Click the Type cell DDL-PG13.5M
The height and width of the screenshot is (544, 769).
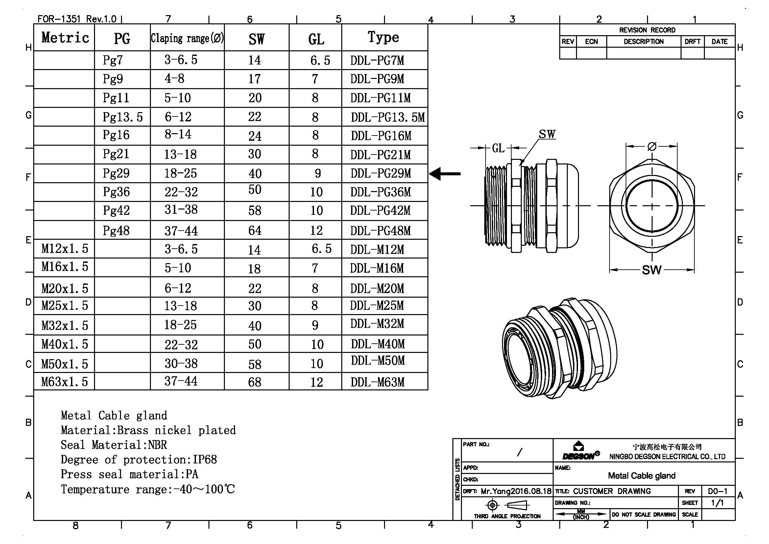[x=388, y=117]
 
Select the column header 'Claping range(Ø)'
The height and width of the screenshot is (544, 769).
[x=187, y=38]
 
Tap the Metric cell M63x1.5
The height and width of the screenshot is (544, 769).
[x=64, y=382]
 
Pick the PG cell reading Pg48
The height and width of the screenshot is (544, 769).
[x=116, y=231]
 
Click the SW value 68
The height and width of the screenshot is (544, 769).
[x=254, y=382]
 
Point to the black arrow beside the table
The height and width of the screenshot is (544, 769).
[x=445, y=174]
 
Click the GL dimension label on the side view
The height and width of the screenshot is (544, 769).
[x=498, y=148]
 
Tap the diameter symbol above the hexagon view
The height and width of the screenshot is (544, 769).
[x=652, y=146]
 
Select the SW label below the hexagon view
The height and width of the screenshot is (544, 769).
[x=651, y=270]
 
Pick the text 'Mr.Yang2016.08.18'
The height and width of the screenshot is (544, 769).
[x=516, y=491]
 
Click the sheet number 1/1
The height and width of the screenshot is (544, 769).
[x=717, y=503]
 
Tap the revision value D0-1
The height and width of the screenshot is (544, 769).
[x=717, y=491]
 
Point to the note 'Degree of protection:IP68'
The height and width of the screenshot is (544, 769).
[x=139, y=459]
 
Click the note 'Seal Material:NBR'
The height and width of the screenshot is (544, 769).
[x=113, y=445]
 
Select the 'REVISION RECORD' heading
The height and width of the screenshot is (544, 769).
[x=647, y=30]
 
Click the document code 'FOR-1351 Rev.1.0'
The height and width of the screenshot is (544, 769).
[x=77, y=19]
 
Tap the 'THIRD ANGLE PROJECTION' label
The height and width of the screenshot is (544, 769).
[x=507, y=516]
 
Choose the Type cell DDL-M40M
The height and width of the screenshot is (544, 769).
[x=378, y=344]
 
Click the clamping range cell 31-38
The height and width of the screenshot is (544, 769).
[x=181, y=210]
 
